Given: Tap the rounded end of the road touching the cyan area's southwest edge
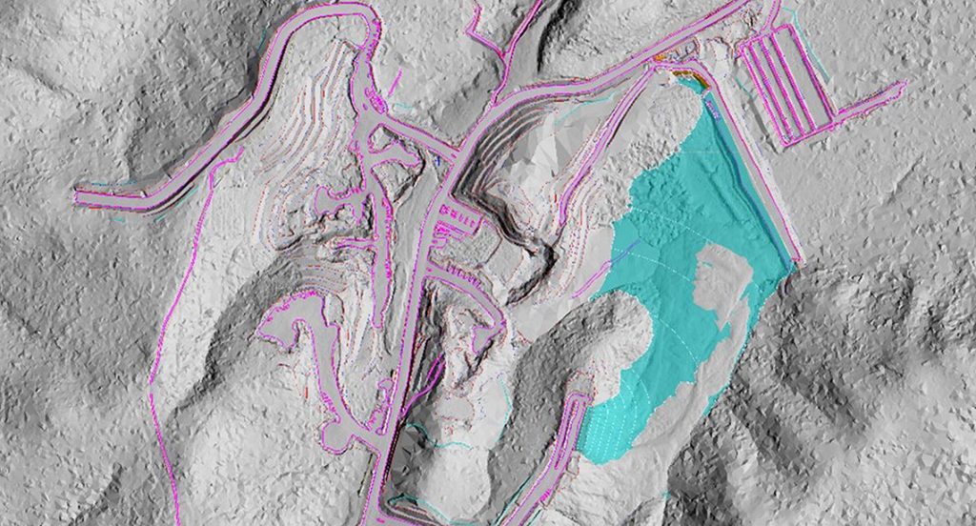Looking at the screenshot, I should [578, 400].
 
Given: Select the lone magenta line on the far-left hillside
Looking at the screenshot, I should [162, 324].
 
